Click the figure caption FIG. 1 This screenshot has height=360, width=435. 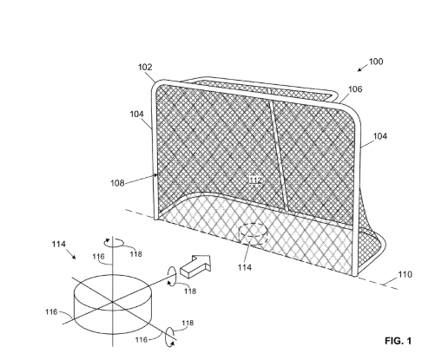point(398,341)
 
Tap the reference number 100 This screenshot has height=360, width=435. point(376,62)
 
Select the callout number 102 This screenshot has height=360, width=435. point(145,67)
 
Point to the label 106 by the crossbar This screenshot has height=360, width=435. point(355,89)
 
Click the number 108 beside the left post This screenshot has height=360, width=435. point(117,183)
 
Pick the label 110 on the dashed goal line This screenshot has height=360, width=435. point(405,274)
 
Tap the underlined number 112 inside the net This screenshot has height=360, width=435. point(255,180)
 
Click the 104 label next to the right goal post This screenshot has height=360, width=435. point(380,136)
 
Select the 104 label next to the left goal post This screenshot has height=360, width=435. point(136,115)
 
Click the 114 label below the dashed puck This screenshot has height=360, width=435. point(245,267)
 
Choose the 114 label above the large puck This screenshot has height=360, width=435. point(59,245)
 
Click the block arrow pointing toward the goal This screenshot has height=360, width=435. point(195,266)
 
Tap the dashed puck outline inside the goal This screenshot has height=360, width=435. point(253,234)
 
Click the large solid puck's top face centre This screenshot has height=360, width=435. point(112,292)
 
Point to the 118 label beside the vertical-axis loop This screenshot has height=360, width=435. point(136,254)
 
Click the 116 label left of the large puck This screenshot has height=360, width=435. point(51,312)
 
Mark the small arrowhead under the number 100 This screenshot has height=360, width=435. point(359,69)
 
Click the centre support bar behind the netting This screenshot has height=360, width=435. point(279,155)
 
